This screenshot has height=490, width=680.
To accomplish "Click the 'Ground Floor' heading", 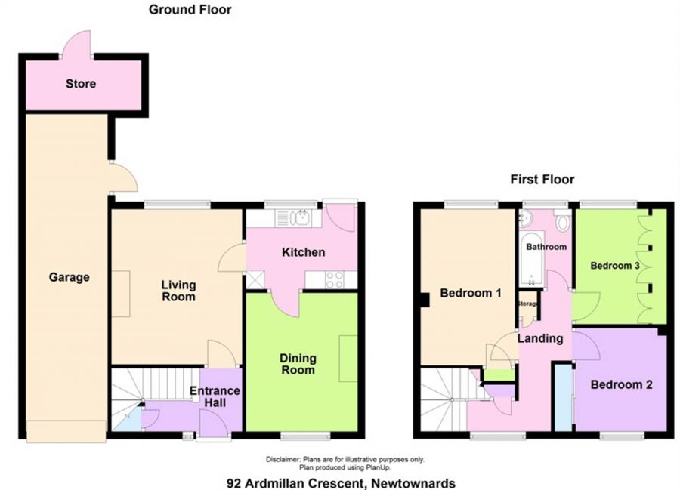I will click(190, 10).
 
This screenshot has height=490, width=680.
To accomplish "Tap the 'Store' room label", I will click(80, 83).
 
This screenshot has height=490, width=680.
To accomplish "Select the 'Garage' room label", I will click(69, 277).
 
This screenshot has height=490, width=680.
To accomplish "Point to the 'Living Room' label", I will click(178, 291).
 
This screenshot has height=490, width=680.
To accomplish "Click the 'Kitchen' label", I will click(303, 251).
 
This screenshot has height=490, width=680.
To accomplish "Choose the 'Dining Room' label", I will click(298, 364).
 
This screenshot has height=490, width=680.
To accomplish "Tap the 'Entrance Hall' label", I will click(215, 396).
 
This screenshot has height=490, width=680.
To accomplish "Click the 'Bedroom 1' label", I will click(471, 294).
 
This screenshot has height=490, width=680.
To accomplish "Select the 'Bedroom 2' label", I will click(621, 384).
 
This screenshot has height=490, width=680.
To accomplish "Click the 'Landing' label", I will click(539, 338).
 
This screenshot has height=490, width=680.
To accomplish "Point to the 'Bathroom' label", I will click(546, 247).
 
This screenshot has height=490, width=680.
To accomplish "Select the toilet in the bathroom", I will click(561, 221).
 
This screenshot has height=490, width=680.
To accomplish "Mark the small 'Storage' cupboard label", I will click(528, 304).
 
